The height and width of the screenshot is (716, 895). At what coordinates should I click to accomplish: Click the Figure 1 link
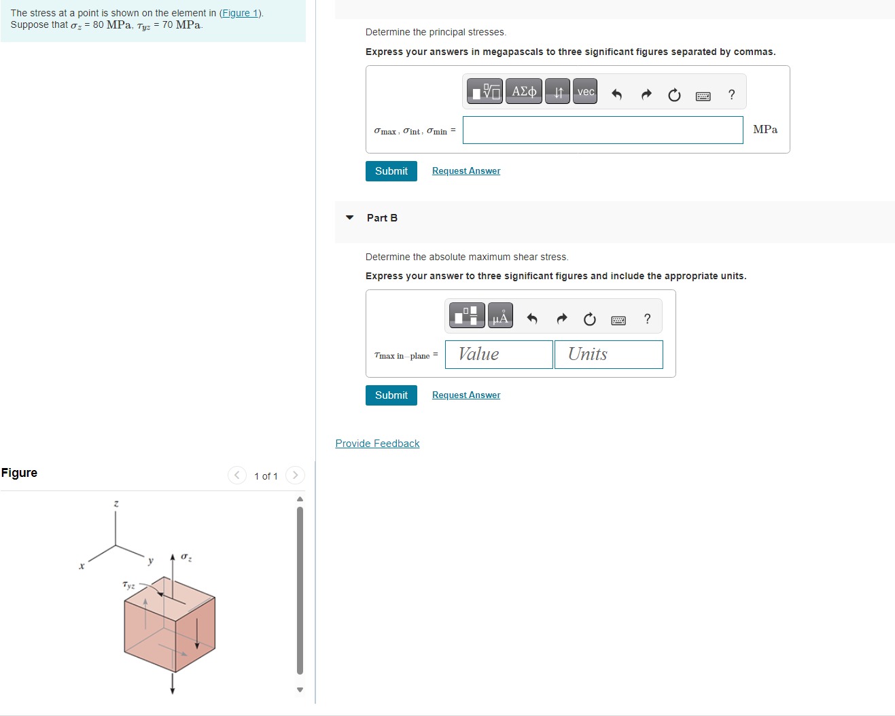(241, 13)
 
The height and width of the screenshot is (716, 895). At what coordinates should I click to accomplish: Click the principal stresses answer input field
(602, 130)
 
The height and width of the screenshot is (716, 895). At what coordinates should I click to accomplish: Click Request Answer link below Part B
(466, 395)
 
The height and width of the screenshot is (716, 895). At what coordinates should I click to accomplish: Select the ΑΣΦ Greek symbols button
(523, 92)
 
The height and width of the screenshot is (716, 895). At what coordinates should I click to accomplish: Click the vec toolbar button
(585, 92)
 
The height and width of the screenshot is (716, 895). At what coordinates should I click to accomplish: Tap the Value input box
(498, 355)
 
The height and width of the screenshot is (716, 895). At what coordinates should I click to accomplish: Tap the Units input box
(608, 355)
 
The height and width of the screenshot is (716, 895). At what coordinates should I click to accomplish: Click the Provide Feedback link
(377, 444)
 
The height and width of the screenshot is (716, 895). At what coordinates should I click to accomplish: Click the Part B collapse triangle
(350, 217)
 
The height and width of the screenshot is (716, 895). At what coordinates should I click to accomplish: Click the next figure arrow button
(295, 476)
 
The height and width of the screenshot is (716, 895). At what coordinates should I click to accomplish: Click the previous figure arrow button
(236, 476)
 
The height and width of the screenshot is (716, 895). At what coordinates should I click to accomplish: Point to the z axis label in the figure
(116, 503)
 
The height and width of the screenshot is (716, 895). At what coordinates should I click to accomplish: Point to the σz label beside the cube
(186, 558)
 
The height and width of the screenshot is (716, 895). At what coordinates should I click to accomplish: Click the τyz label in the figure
(128, 585)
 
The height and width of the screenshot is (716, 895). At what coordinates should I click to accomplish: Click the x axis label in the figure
(81, 566)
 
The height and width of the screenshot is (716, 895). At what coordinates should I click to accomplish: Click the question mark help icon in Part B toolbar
(647, 319)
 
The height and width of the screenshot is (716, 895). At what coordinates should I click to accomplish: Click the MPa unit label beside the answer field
(765, 130)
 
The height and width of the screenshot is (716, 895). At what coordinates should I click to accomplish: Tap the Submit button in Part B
(391, 395)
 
